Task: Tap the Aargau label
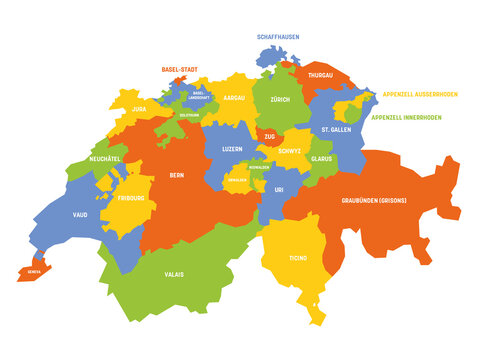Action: [233, 98]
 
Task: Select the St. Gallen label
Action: [336, 130]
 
